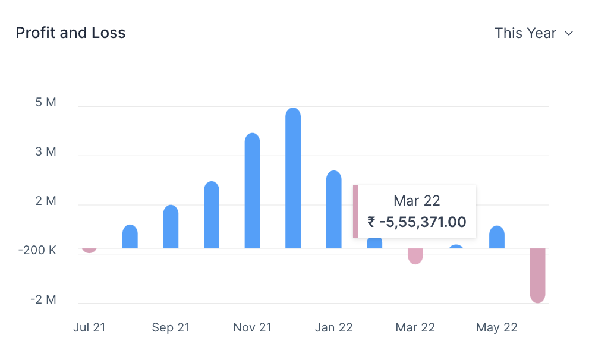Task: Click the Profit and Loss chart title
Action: [x=71, y=33]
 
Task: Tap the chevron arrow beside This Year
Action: [x=569, y=34]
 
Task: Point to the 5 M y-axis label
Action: [x=46, y=103]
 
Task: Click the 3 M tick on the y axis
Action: [x=46, y=152]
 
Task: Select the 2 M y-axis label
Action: [x=46, y=201]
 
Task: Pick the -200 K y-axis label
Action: [x=37, y=251]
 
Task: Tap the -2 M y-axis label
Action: [x=43, y=299]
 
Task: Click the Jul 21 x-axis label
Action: [x=89, y=327]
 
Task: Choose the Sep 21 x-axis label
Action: [x=171, y=327]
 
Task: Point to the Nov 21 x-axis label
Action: [x=252, y=327]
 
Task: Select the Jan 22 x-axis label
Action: [x=333, y=327]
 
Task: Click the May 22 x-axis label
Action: [x=496, y=327]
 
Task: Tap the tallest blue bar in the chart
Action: [x=293, y=178]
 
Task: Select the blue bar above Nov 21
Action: [x=252, y=190]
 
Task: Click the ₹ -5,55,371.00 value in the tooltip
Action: [x=417, y=222]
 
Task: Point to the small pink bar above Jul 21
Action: [x=89, y=250]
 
